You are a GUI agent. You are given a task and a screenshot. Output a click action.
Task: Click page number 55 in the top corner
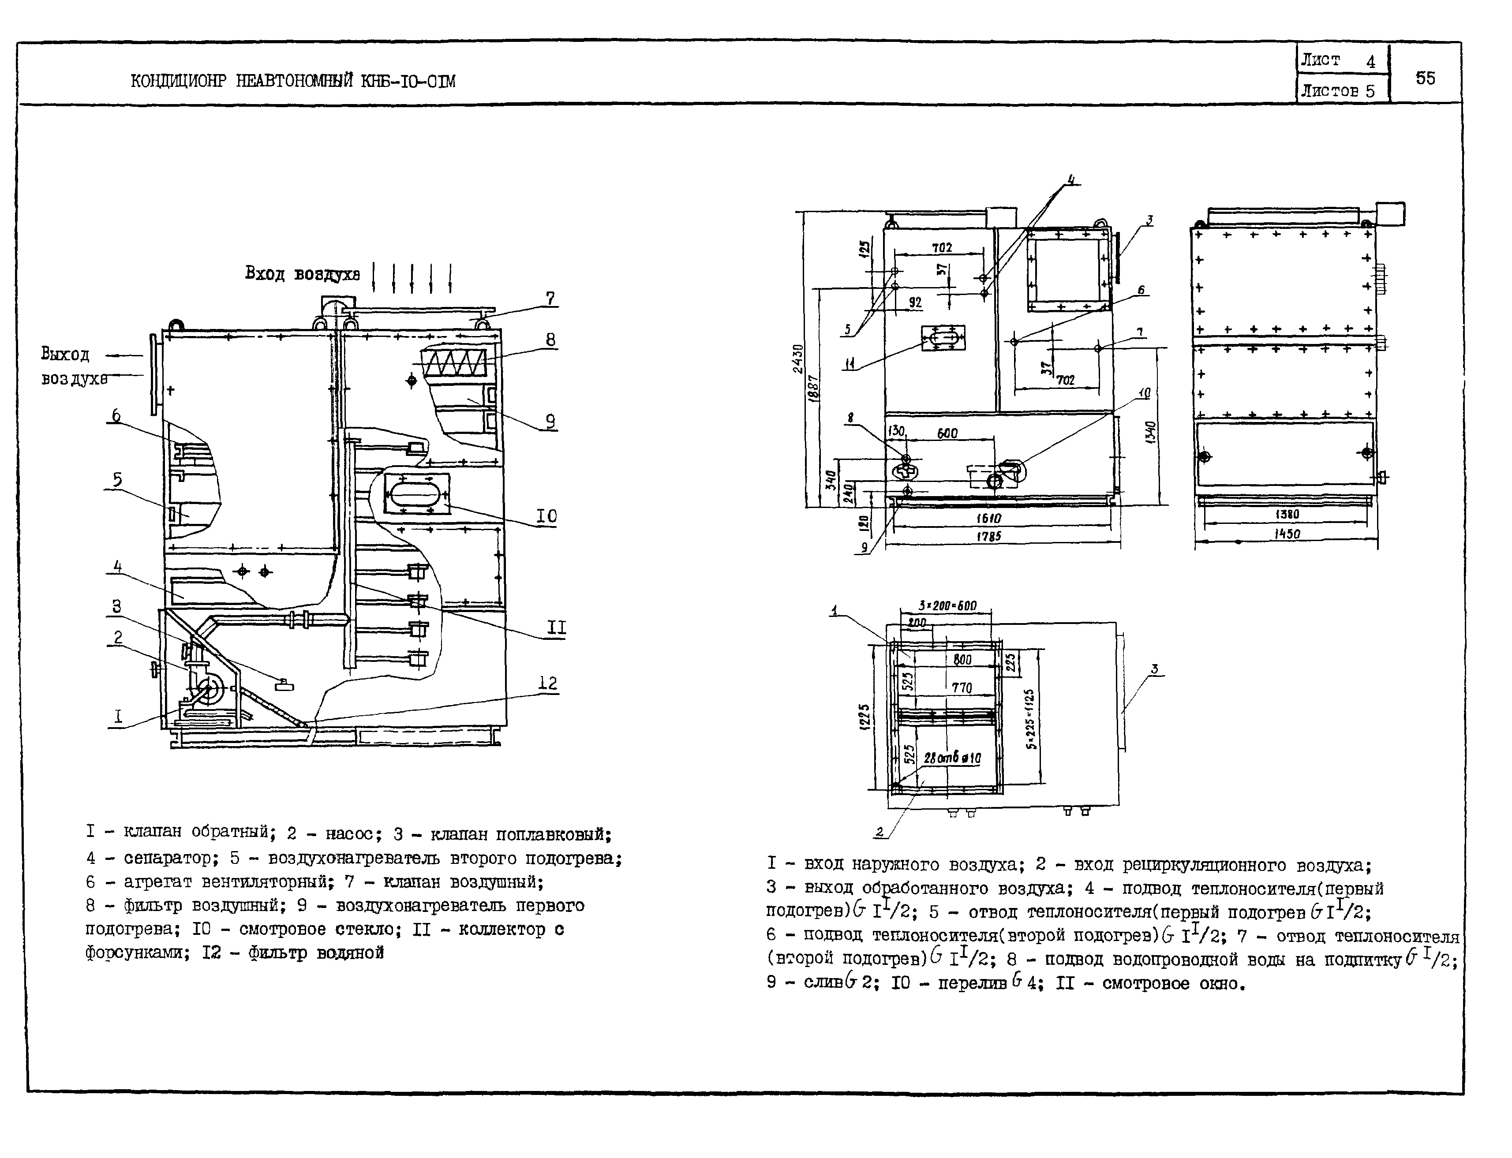[1425, 78]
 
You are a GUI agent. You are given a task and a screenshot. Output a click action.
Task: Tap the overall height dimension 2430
[798, 359]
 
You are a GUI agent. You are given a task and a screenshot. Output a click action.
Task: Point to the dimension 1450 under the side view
[1287, 534]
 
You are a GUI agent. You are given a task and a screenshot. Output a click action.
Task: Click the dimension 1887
[814, 389]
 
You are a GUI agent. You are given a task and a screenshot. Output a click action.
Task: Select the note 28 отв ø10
[952, 758]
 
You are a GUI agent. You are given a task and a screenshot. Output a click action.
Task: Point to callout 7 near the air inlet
[550, 299]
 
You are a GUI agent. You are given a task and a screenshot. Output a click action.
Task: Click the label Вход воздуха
[302, 274]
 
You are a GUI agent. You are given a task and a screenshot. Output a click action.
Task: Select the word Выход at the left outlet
[65, 354]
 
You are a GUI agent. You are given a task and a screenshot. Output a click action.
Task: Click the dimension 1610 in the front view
[989, 518]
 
